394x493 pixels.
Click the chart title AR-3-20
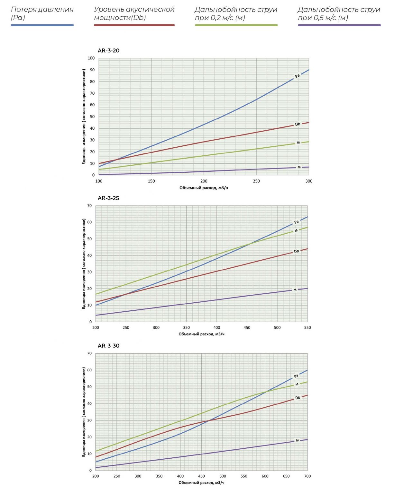click(108, 51)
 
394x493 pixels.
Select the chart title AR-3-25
click(108, 198)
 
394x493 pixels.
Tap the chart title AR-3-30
click(108, 346)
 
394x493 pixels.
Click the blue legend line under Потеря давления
click(42, 25)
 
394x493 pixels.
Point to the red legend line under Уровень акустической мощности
click(134, 25)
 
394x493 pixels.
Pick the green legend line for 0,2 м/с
click(236, 25)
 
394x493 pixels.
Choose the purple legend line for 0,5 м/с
click(339, 25)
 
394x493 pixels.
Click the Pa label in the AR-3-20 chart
click(297, 76)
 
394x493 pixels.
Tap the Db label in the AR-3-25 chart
click(296, 251)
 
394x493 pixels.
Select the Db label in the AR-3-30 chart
click(298, 398)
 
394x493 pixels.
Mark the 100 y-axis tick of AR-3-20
click(91, 58)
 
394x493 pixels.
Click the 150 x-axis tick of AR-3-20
click(151, 181)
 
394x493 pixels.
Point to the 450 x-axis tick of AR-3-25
click(247, 328)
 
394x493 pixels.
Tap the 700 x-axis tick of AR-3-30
click(307, 476)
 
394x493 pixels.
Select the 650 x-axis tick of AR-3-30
click(286, 476)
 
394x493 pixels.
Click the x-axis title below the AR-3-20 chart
click(204, 188)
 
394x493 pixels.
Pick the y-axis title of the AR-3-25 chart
click(84, 264)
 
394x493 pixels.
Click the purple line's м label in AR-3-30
click(297, 440)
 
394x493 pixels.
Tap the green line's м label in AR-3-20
click(298, 143)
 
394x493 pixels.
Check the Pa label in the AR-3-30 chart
click(296, 376)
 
